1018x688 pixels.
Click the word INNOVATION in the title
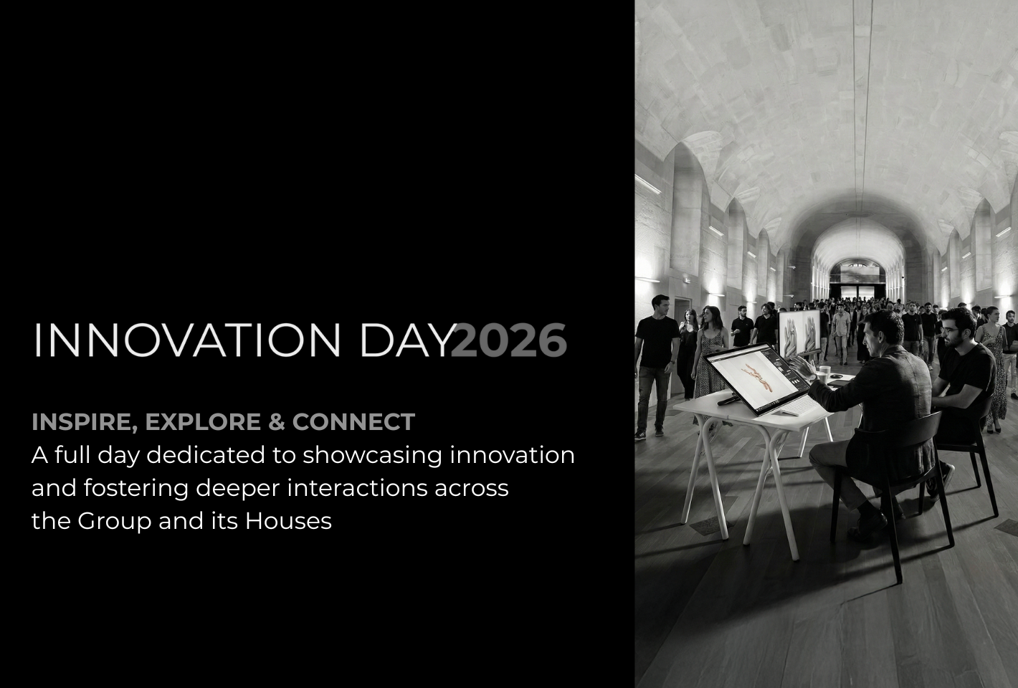tap(187, 340)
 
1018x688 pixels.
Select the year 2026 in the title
tap(508, 340)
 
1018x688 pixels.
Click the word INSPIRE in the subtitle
tap(85, 422)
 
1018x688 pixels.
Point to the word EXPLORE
tap(203, 421)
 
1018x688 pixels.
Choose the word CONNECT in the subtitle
tap(353, 421)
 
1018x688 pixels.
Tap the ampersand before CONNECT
tap(277, 421)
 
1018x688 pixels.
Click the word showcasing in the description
tap(372, 455)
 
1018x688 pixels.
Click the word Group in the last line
tap(114, 522)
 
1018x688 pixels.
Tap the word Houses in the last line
tap(289, 521)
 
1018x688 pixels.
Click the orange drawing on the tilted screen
tap(757, 376)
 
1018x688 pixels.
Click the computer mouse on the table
tap(836, 376)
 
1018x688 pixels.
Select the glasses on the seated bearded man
tap(951, 331)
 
